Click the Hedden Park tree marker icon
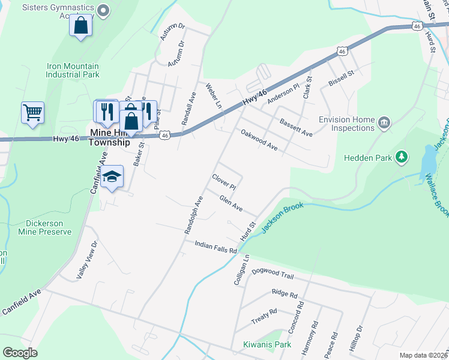[x=402, y=158]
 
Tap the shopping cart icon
[x=32, y=112]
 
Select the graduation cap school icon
[x=112, y=176]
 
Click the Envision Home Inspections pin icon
[x=385, y=124]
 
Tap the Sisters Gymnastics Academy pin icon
[x=104, y=10]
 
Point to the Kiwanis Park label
[x=267, y=344]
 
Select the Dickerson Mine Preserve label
[x=45, y=227]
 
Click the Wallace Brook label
[x=436, y=196]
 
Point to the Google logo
[x=20, y=353]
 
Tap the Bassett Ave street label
[x=296, y=127]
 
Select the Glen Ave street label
[x=231, y=203]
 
